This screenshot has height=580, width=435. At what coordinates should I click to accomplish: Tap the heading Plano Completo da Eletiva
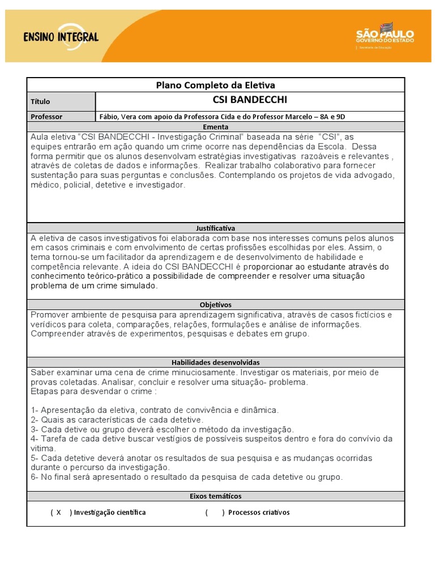pos(215,86)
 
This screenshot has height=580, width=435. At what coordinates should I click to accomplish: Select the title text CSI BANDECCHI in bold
pos(250,100)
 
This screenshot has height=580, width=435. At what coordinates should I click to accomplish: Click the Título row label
pos(40,102)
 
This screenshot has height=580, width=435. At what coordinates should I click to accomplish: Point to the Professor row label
pos(46,117)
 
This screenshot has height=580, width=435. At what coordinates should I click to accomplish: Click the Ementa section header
pos(215,127)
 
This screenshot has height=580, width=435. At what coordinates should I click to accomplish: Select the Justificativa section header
pos(215,228)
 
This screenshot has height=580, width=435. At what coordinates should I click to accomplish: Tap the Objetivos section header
pos(215,305)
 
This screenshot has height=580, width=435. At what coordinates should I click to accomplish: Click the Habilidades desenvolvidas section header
pos(215,362)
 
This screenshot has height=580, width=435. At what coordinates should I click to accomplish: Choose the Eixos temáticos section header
pos(215,496)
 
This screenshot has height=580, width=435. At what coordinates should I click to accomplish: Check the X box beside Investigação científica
pos(58,513)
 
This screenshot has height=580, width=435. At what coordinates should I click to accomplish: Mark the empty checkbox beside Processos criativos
pos(215,513)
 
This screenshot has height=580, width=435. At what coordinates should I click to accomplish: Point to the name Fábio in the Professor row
pos(109,117)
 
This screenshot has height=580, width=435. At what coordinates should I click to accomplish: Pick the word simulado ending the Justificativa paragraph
pos(138,285)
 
